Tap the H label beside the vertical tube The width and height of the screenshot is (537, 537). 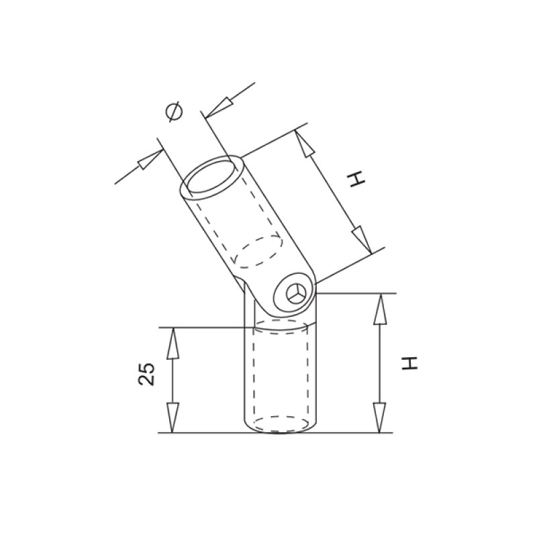pos(409,364)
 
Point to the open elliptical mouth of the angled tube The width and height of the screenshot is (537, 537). pos(214,175)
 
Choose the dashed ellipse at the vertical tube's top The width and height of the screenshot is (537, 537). pos(281,328)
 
